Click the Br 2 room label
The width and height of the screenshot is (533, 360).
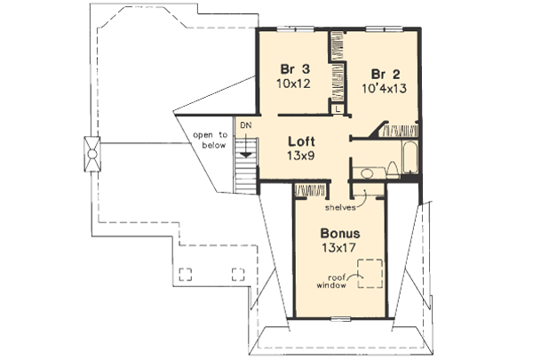(x=384, y=73)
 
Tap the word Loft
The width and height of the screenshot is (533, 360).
(x=303, y=140)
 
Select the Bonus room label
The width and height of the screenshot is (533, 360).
(x=342, y=232)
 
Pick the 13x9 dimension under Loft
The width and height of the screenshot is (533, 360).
(x=302, y=155)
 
